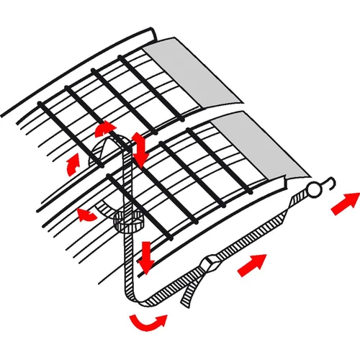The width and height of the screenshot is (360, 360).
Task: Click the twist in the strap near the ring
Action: [294, 204]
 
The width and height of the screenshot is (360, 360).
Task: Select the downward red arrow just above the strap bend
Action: [147, 258]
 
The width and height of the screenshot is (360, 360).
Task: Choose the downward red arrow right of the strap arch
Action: [140, 148]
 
